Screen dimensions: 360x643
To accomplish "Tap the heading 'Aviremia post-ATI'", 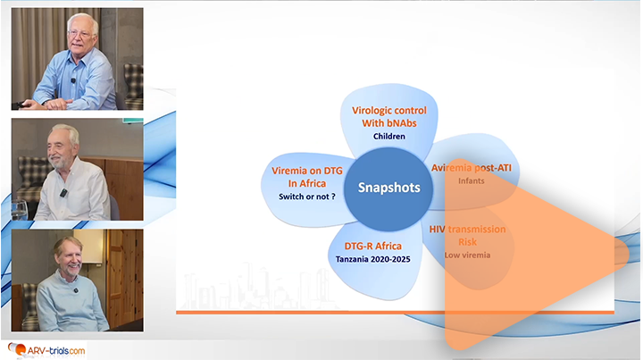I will tap(471, 168).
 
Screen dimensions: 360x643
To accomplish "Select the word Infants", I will tap(471, 181).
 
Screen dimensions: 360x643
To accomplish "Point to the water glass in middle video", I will tap(19, 210).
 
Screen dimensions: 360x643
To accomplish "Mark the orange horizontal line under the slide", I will tap(393, 312).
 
